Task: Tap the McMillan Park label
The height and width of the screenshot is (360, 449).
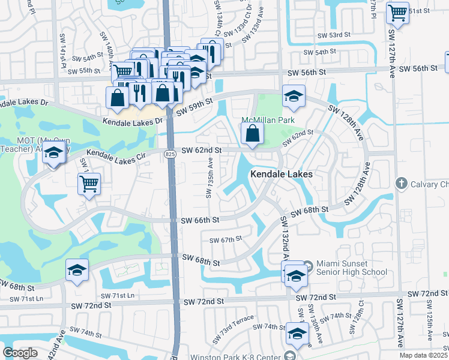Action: pos(268,120)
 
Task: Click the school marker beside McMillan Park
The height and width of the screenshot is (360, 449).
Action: pos(294,96)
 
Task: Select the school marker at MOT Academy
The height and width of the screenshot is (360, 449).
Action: pos(54,153)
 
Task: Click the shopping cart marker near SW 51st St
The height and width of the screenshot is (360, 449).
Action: pos(397,11)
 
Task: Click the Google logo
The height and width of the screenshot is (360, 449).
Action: pos(20,352)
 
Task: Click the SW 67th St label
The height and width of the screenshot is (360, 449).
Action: pos(225,239)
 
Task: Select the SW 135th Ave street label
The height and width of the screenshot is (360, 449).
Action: pos(210,178)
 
